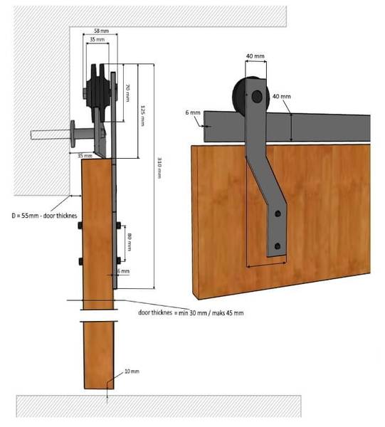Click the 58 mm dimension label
tap(101, 31)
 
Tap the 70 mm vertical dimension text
tap(127, 93)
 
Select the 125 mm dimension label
tap(142, 116)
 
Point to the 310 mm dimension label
tap(159, 168)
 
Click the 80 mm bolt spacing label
tap(130, 243)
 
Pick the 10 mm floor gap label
tap(132, 371)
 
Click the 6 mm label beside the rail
tap(193, 112)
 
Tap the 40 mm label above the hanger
tap(255, 56)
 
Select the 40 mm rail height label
tap(282, 96)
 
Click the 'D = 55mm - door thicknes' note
tap(44, 216)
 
